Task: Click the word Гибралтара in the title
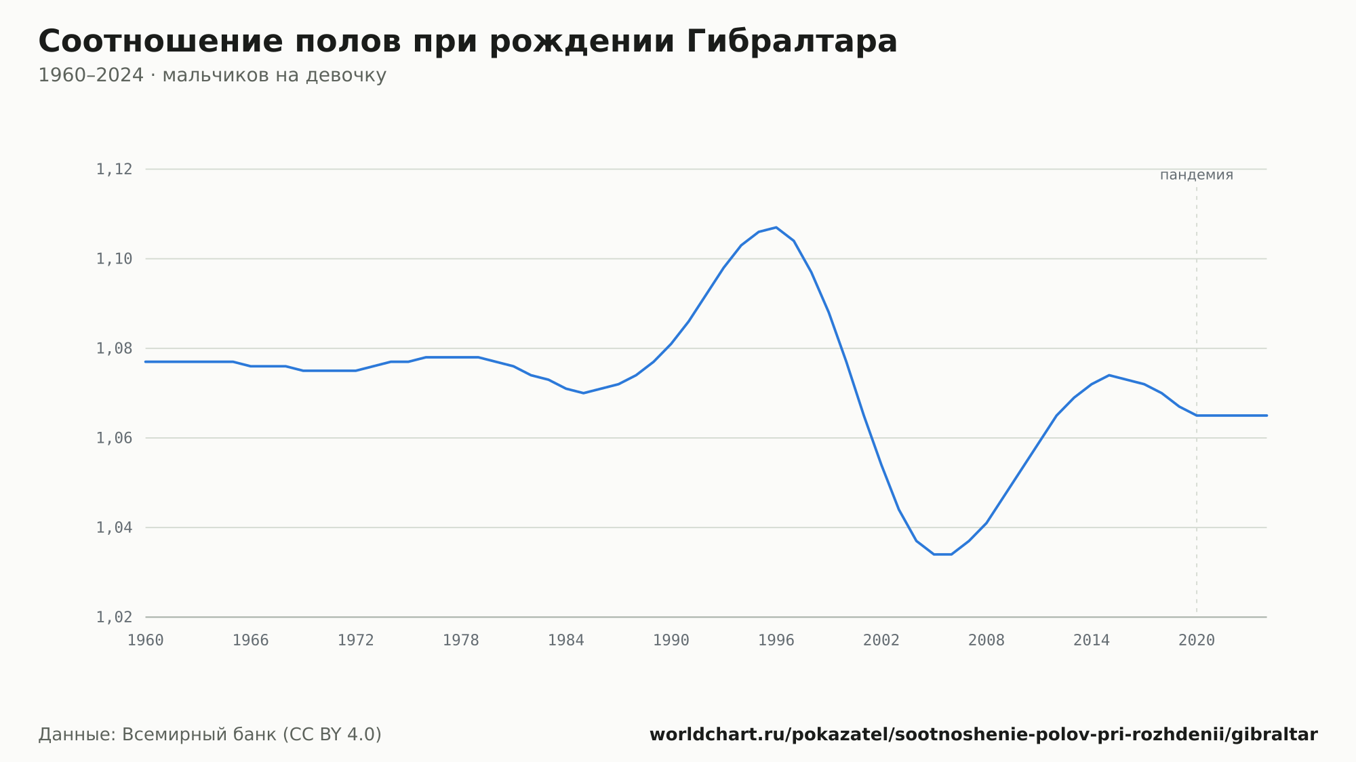[792, 41]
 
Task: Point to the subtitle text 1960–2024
[91, 75]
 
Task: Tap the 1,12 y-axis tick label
[114, 169]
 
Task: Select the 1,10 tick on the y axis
[114, 259]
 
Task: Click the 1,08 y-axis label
[114, 348]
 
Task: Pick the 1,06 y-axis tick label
[114, 438]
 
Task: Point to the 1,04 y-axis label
[114, 527]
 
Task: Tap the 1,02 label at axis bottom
[114, 617]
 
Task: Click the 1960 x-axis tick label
[146, 641]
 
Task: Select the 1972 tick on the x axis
[356, 641]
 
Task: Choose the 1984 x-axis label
[566, 641]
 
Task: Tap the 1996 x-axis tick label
[776, 641]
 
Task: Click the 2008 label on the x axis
[986, 641]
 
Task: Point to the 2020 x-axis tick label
[1197, 641]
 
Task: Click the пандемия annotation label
[1197, 175]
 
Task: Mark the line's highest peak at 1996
[776, 227]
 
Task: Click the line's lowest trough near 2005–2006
[943, 555]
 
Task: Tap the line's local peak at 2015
[1109, 375]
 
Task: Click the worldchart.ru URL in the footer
[984, 735]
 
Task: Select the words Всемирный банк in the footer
[199, 735]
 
